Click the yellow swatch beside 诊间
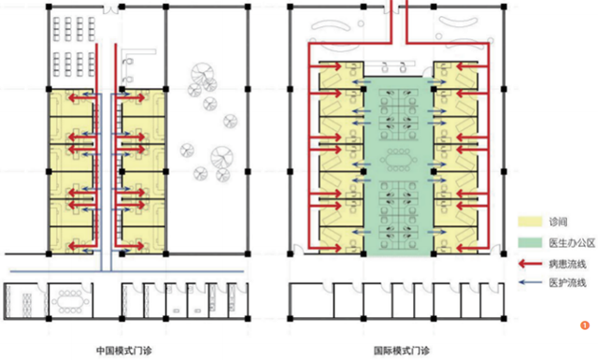tap(530, 222)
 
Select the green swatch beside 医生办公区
tap(530, 243)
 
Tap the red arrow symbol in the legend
tap(530, 264)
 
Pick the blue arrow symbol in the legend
tap(530, 282)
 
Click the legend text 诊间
tap(558, 222)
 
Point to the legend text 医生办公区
tap(572, 243)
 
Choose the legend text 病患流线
tap(567, 264)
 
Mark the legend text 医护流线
tap(567, 282)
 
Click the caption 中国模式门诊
tap(124, 350)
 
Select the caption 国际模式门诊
tap(402, 350)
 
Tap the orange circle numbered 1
tap(585, 325)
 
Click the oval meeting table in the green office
tap(398, 160)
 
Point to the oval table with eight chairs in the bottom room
tap(70, 302)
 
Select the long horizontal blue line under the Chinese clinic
tap(127, 272)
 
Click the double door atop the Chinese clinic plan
tap(111, 9)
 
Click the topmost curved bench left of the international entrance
tap(331, 25)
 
